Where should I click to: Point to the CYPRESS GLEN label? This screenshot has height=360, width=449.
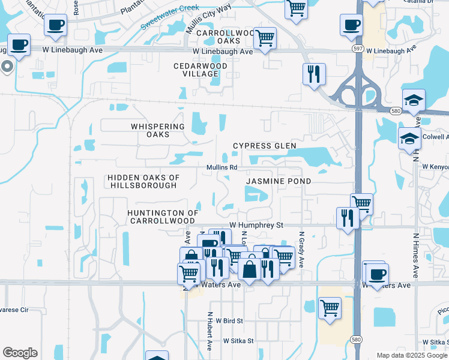(265, 146)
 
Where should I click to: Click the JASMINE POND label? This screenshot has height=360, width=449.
(279, 181)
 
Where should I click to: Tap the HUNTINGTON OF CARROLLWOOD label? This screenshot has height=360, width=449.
(163, 217)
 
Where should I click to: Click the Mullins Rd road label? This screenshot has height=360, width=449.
(222, 167)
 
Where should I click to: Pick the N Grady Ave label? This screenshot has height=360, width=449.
(302, 250)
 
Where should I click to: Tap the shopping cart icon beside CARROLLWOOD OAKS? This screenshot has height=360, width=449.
(265, 38)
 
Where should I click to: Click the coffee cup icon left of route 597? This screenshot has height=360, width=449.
(351, 25)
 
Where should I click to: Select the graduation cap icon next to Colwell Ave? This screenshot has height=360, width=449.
(409, 138)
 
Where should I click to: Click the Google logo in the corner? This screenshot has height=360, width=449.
(20, 353)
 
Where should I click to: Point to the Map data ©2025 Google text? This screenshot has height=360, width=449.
(412, 355)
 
